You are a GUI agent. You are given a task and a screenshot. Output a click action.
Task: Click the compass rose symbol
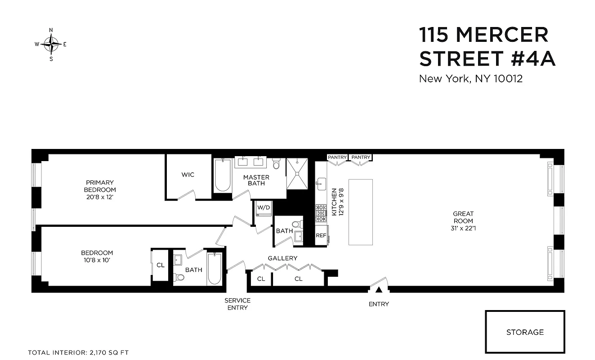(x=51, y=44)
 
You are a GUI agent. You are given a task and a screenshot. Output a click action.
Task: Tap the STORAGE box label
(x=525, y=332)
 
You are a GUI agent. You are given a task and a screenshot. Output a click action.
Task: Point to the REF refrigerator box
(x=321, y=235)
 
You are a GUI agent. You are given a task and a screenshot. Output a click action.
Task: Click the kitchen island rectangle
(x=361, y=212)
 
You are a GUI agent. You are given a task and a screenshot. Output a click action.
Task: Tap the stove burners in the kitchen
(x=321, y=214)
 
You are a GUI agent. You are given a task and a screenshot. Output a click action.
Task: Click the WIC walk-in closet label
(x=188, y=175)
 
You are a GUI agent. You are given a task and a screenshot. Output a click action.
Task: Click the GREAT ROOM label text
(x=463, y=217)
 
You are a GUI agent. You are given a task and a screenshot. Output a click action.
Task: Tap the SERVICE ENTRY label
(x=237, y=304)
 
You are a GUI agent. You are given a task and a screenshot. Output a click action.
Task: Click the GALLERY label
(x=282, y=258)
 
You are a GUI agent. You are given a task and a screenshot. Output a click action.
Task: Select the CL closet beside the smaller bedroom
(x=161, y=265)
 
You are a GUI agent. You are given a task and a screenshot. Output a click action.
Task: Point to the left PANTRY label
(x=337, y=157)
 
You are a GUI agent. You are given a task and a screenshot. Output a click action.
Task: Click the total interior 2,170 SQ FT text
(x=79, y=352)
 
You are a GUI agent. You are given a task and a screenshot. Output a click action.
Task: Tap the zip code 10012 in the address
(x=507, y=79)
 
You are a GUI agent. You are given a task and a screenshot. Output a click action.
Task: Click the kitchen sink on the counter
(x=321, y=182)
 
